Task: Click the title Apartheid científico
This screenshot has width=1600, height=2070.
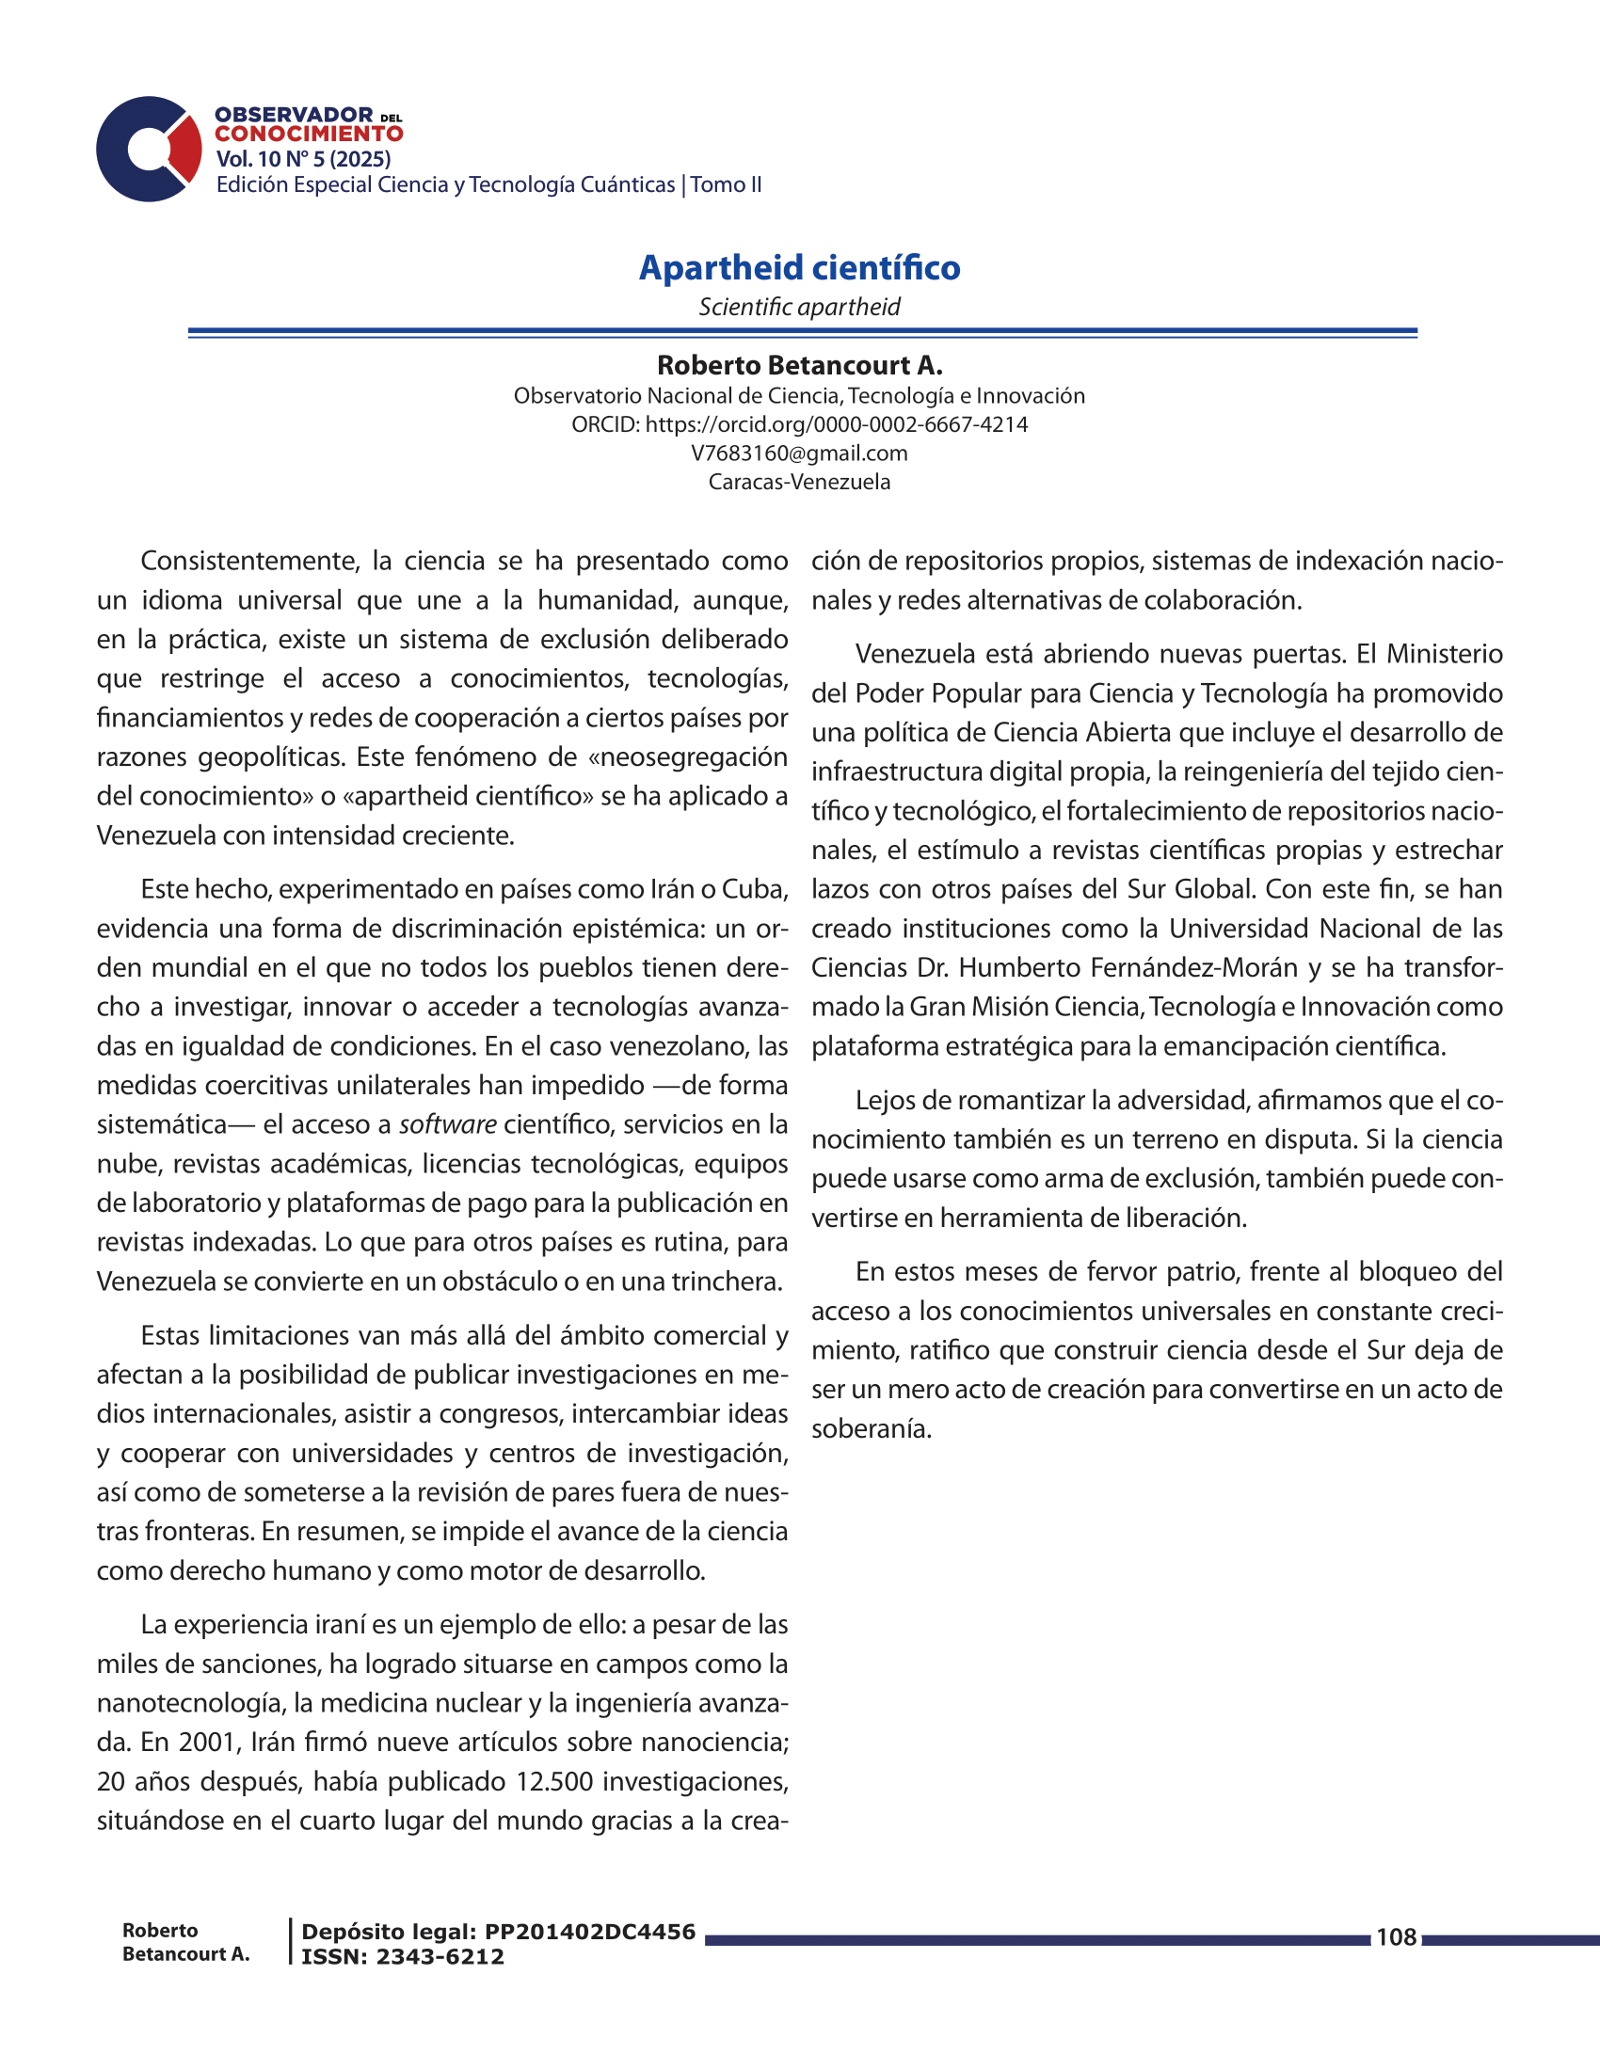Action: pyautogui.click(x=799, y=268)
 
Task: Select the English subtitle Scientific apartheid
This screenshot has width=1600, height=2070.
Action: pyautogui.click(x=799, y=307)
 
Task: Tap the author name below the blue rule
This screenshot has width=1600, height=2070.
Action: pyautogui.click(x=799, y=365)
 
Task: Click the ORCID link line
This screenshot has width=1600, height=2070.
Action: pyautogui.click(x=799, y=424)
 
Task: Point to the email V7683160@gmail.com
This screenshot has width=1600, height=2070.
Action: pyautogui.click(x=799, y=454)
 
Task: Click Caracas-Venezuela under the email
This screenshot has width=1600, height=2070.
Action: pyautogui.click(x=799, y=482)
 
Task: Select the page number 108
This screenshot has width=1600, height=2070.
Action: pyautogui.click(x=1395, y=1937)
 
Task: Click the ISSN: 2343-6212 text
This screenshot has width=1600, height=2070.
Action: pyautogui.click(x=403, y=1957)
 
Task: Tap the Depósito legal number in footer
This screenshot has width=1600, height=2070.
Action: pyautogui.click(x=589, y=1933)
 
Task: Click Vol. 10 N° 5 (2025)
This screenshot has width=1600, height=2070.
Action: pyautogui.click(x=303, y=159)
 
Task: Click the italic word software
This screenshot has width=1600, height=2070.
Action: pyautogui.click(x=447, y=1125)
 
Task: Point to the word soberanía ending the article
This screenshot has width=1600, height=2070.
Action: pyautogui.click(x=872, y=1429)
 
